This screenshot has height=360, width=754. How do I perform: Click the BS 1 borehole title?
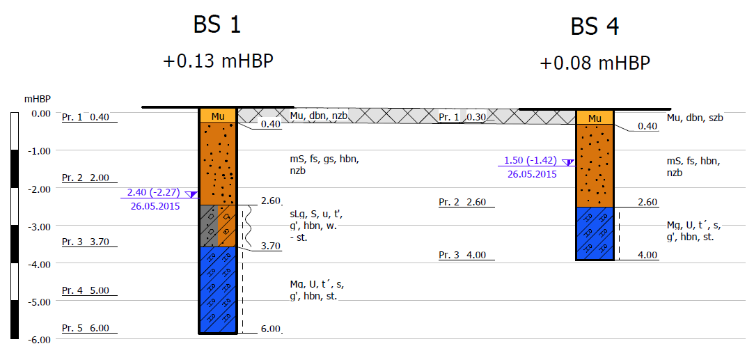point(217,24)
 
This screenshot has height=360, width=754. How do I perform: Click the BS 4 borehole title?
point(595,26)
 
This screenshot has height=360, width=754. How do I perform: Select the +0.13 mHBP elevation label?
point(219,61)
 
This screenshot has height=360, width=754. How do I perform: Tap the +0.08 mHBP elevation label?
point(595,63)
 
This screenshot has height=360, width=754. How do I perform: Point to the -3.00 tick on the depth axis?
point(38,226)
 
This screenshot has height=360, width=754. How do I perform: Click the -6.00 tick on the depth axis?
point(38,340)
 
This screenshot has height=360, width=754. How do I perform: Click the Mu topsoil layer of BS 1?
point(218,116)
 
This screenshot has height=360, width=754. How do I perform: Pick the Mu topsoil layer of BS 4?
point(595,118)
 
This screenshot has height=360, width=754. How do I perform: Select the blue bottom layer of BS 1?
point(218,290)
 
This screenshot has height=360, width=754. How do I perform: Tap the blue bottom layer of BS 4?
point(595,233)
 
